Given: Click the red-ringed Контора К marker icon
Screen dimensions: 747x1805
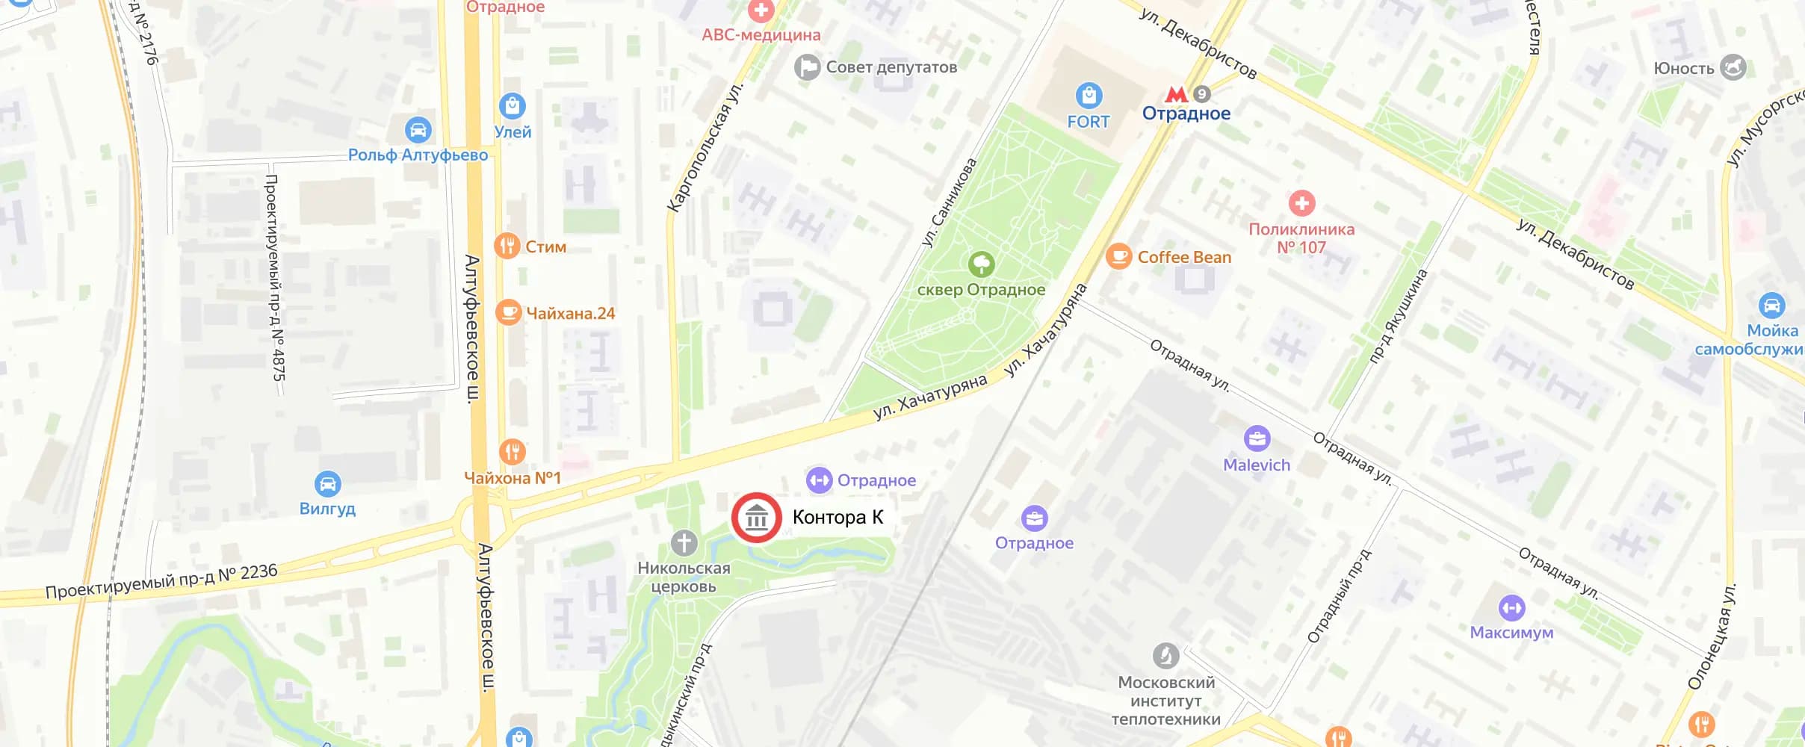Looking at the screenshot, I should pyautogui.click(x=756, y=517).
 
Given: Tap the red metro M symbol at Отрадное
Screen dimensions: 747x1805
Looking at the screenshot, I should pyautogui.click(x=1176, y=94).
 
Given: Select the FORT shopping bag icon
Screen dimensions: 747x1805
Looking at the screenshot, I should pyautogui.click(x=1089, y=96).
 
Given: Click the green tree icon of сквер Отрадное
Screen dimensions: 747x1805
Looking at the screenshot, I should pyautogui.click(x=981, y=264).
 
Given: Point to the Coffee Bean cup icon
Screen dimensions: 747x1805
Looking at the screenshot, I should pyautogui.click(x=1118, y=256).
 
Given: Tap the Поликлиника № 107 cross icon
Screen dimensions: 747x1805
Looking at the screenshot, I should pyautogui.click(x=1301, y=202).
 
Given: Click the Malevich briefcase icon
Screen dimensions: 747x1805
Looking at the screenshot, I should pyautogui.click(x=1257, y=438).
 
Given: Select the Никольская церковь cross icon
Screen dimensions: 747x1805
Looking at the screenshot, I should pyautogui.click(x=684, y=543).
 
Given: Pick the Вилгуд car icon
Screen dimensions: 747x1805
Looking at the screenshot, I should pyautogui.click(x=327, y=484).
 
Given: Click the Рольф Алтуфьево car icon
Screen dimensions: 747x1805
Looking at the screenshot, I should pyautogui.click(x=418, y=130).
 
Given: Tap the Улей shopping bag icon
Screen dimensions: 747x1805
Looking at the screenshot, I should pyautogui.click(x=512, y=106).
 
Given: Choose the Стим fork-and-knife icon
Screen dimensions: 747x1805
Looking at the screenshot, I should pyautogui.click(x=507, y=246).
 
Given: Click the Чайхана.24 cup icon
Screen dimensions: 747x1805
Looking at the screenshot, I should pyautogui.click(x=508, y=312).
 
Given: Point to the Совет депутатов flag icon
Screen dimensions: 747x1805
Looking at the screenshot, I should pyautogui.click(x=807, y=67).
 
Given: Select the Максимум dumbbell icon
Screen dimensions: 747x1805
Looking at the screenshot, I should pyautogui.click(x=1511, y=607).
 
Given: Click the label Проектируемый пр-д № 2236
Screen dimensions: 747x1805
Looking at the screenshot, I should pyautogui.click(x=161, y=582).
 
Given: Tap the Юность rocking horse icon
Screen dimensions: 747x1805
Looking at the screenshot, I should pyautogui.click(x=1733, y=67).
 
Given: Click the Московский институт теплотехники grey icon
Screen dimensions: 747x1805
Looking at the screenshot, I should pyautogui.click(x=1165, y=656).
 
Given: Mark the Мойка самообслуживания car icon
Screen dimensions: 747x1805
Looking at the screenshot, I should pyautogui.click(x=1771, y=306).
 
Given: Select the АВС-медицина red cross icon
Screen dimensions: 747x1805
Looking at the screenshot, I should pyautogui.click(x=761, y=10).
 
